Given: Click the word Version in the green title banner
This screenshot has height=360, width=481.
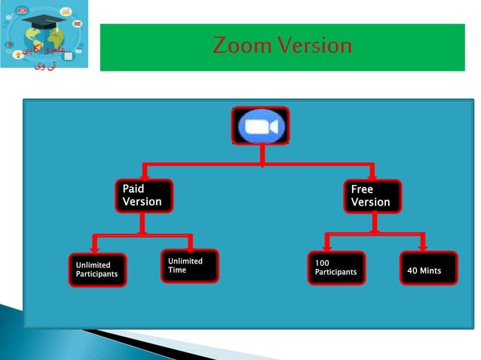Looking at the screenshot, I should click(316, 47).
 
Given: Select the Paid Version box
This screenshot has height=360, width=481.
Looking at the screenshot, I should click(143, 196).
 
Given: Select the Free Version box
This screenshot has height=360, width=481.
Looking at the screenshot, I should click(372, 196).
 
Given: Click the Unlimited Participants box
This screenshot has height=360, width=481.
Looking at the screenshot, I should click(98, 270).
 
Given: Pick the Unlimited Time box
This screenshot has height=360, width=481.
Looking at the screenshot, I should click(189, 266).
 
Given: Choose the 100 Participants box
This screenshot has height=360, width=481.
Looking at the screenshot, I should click(336, 267).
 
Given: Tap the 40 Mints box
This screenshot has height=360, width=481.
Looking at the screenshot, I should click(428, 269).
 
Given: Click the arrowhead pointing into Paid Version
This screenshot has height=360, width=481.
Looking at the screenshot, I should click(144, 175).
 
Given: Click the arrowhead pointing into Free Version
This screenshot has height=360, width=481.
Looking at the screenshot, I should click(372, 175).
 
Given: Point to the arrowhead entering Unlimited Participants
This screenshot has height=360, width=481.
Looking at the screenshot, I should click(95, 247).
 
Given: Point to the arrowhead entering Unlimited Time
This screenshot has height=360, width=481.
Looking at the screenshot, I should click(190, 246).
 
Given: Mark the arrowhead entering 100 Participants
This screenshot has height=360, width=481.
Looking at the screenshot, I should click(327, 247).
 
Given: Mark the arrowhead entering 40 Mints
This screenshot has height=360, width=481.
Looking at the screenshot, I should click(424, 247).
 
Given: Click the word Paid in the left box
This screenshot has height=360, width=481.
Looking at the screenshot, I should click(133, 190).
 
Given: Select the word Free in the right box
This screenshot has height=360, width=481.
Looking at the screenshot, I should click(362, 190).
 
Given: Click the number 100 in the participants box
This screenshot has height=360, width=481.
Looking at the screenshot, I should click(322, 263).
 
